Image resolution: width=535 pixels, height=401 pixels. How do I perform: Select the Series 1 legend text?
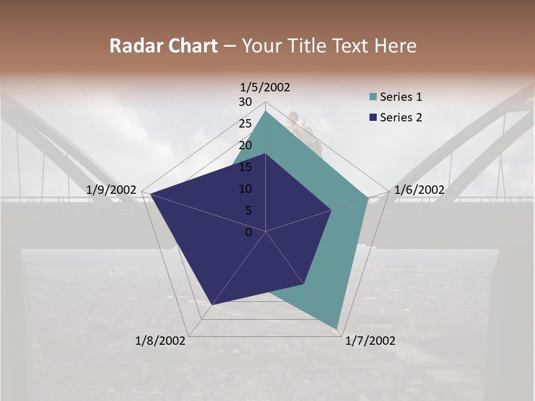(x=401, y=97)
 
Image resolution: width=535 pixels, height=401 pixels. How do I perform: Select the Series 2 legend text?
(x=401, y=118)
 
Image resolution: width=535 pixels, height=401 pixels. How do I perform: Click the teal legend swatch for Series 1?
(x=373, y=97)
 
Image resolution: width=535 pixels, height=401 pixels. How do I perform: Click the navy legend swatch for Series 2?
(x=373, y=118)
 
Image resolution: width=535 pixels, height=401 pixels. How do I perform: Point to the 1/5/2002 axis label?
(x=265, y=87)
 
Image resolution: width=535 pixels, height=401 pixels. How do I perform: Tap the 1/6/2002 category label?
(x=419, y=190)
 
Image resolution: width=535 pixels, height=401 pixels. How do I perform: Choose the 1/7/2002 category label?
(x=370, y=341)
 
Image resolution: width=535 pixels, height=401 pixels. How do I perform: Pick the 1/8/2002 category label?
(x=160, y=341)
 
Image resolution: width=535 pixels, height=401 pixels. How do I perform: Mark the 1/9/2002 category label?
(x=111, y=190)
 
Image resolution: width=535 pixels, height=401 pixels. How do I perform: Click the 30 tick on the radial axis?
(x=245, y=102)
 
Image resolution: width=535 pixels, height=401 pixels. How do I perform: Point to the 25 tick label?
(x=245, y=124)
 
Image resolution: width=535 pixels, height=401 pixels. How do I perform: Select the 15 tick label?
(x=245, y=167)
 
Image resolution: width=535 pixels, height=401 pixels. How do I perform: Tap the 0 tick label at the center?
(x=249, y=232)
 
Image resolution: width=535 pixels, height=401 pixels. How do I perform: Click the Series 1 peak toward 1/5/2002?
(x=266, y=111)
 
